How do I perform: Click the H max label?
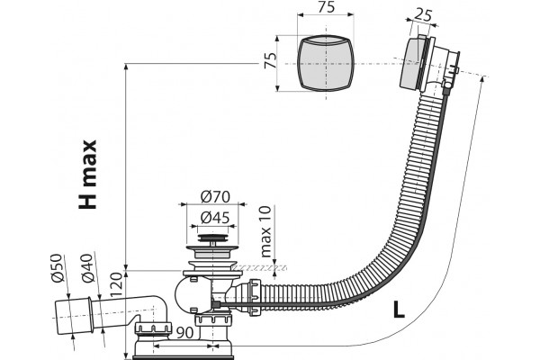coord(87,175)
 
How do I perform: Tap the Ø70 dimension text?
coord(215,197)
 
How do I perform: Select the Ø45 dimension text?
coord(215,218)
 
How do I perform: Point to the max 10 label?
coord(266,231)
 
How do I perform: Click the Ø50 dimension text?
coord(58,267)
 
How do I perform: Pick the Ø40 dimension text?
coord(88,267)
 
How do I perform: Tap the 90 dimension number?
coord(184,332)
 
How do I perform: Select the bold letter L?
coord(399,310)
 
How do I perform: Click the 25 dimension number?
coord(423,14)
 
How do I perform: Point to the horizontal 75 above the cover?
coord(326,7)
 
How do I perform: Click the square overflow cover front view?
coord(326,63)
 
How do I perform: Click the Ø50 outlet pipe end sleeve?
coord(74,317)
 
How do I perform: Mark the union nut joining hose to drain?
coord(254,297)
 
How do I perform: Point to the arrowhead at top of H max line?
coord(126,67)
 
